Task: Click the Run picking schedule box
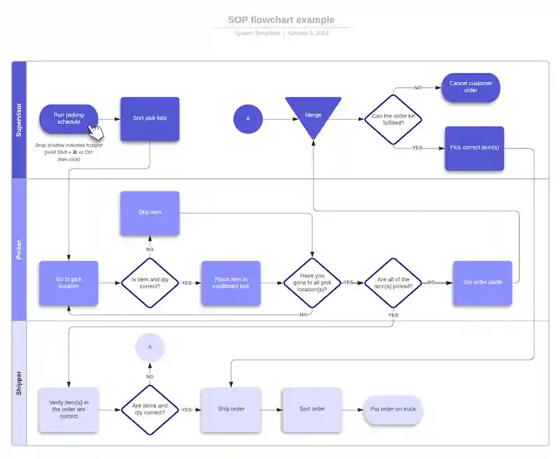tap(69, 118)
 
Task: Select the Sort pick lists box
tap(150, 118)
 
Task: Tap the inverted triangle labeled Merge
tap(313, 115)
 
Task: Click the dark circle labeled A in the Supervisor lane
tap(247, 119)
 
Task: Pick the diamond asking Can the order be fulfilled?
tap(393, 119)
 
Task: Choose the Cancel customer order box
tap(470, 87)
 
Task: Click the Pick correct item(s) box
tap(474, 148)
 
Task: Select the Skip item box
tap(150, 213)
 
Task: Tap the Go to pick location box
tap(69, 283)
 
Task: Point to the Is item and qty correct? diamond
tap(150, 283)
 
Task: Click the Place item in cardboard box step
tap(230, 283)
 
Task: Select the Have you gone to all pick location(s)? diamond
tap(312, 283)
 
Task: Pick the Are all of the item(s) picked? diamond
tap(393, 283)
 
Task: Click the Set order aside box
tap(482, 283)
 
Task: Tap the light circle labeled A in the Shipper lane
tap(150, 347)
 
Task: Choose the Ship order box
tap(230, 409)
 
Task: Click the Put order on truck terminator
tap(393, 409)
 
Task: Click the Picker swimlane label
tap(19, 250)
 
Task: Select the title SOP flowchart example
tap(281, 20)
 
